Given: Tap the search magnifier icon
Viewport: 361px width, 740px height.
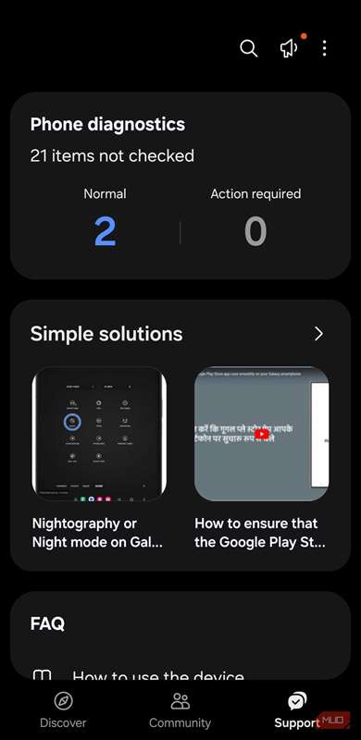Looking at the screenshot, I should point(248,49).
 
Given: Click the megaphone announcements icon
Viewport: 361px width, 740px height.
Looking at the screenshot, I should point(288,49).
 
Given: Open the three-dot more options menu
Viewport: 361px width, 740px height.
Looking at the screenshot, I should point(324,49).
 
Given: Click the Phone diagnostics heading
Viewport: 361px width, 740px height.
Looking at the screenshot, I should point(107,125).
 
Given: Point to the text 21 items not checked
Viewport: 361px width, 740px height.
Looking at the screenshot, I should point(112,155).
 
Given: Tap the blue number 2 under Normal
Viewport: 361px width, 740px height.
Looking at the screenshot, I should point(105,231).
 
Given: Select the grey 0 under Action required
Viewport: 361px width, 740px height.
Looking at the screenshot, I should point(255,231).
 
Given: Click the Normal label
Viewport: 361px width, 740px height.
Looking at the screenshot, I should point(105,193).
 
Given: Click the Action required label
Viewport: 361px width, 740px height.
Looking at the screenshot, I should point(255,193).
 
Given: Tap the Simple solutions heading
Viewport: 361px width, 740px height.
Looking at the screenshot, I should point(106,334).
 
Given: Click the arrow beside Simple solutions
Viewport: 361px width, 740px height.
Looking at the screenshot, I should point(318,334).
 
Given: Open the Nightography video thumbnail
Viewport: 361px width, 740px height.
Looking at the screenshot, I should point(102,433).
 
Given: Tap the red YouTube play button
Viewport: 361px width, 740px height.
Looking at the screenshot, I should point(263,433).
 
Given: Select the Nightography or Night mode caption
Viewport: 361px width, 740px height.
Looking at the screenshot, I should point(97,533).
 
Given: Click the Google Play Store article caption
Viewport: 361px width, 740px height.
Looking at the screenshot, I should point(259,533).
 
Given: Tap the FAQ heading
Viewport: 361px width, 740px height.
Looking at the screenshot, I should point(47,623).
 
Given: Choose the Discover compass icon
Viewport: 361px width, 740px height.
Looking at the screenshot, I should point(63,700).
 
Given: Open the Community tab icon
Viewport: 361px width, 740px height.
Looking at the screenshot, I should point(180,700).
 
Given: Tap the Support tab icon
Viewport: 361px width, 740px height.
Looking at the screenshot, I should point(297,700).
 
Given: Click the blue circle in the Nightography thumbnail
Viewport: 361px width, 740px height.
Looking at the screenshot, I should point(74,422).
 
